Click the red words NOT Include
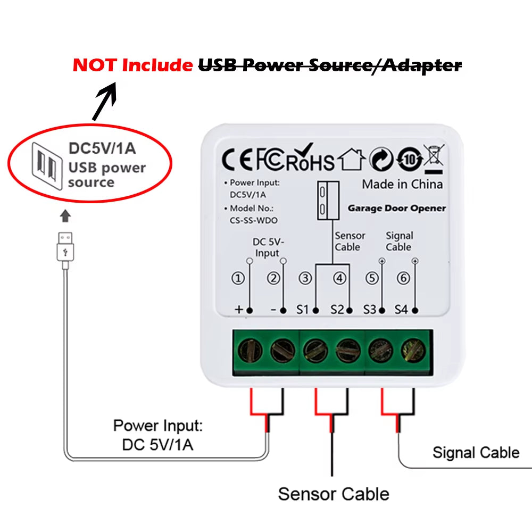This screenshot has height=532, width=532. tap(132, 65)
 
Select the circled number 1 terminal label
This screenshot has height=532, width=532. tap(239, 278)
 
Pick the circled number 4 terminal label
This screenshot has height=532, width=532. tap(339, 278)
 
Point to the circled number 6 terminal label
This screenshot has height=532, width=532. tap(403, 278)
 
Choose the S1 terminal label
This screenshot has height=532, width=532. tap(302, 309)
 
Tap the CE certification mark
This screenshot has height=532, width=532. tap(237, 160)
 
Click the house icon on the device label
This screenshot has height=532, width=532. tap(352, 160)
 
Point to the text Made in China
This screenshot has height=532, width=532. tap(402, 184)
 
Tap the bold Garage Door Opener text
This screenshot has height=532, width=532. tap(396, 208)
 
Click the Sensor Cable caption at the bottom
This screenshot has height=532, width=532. tap(333, 494)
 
